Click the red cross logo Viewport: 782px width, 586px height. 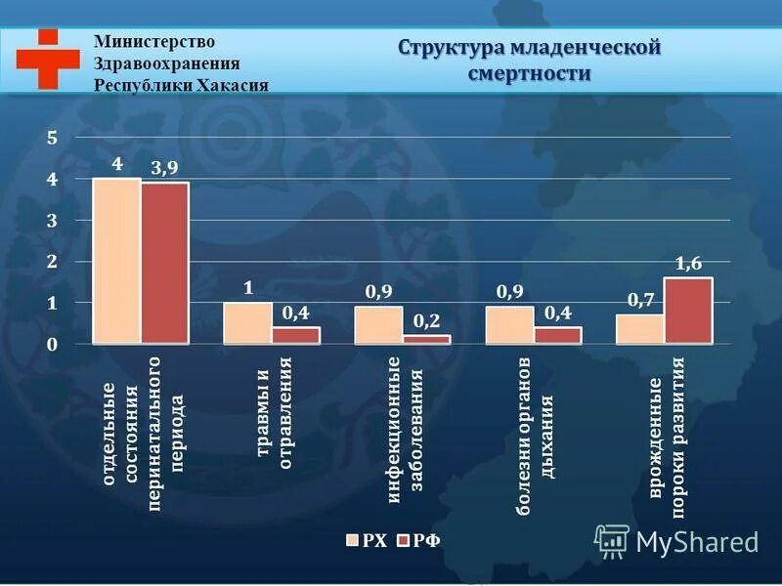(47, 60)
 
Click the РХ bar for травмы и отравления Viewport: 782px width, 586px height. (248, 323)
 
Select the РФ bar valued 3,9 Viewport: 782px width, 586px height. (165, 263)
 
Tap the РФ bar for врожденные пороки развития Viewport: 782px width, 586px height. (688, 311)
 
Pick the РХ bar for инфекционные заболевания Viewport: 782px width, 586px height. (378, 325)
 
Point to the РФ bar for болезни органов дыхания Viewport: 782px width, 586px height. (557, 335)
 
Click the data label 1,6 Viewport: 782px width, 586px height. (688, 263)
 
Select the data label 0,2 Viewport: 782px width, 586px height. (425, 320)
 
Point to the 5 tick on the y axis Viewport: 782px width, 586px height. (52, 139)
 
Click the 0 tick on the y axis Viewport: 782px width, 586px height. (52, 345)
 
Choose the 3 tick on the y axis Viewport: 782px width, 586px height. (52, 222)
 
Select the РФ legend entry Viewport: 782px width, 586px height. (417, 539)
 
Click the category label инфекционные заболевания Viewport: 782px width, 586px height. (403, 430)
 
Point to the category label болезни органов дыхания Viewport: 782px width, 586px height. (535, 439)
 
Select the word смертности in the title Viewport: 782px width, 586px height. (530, 73)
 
